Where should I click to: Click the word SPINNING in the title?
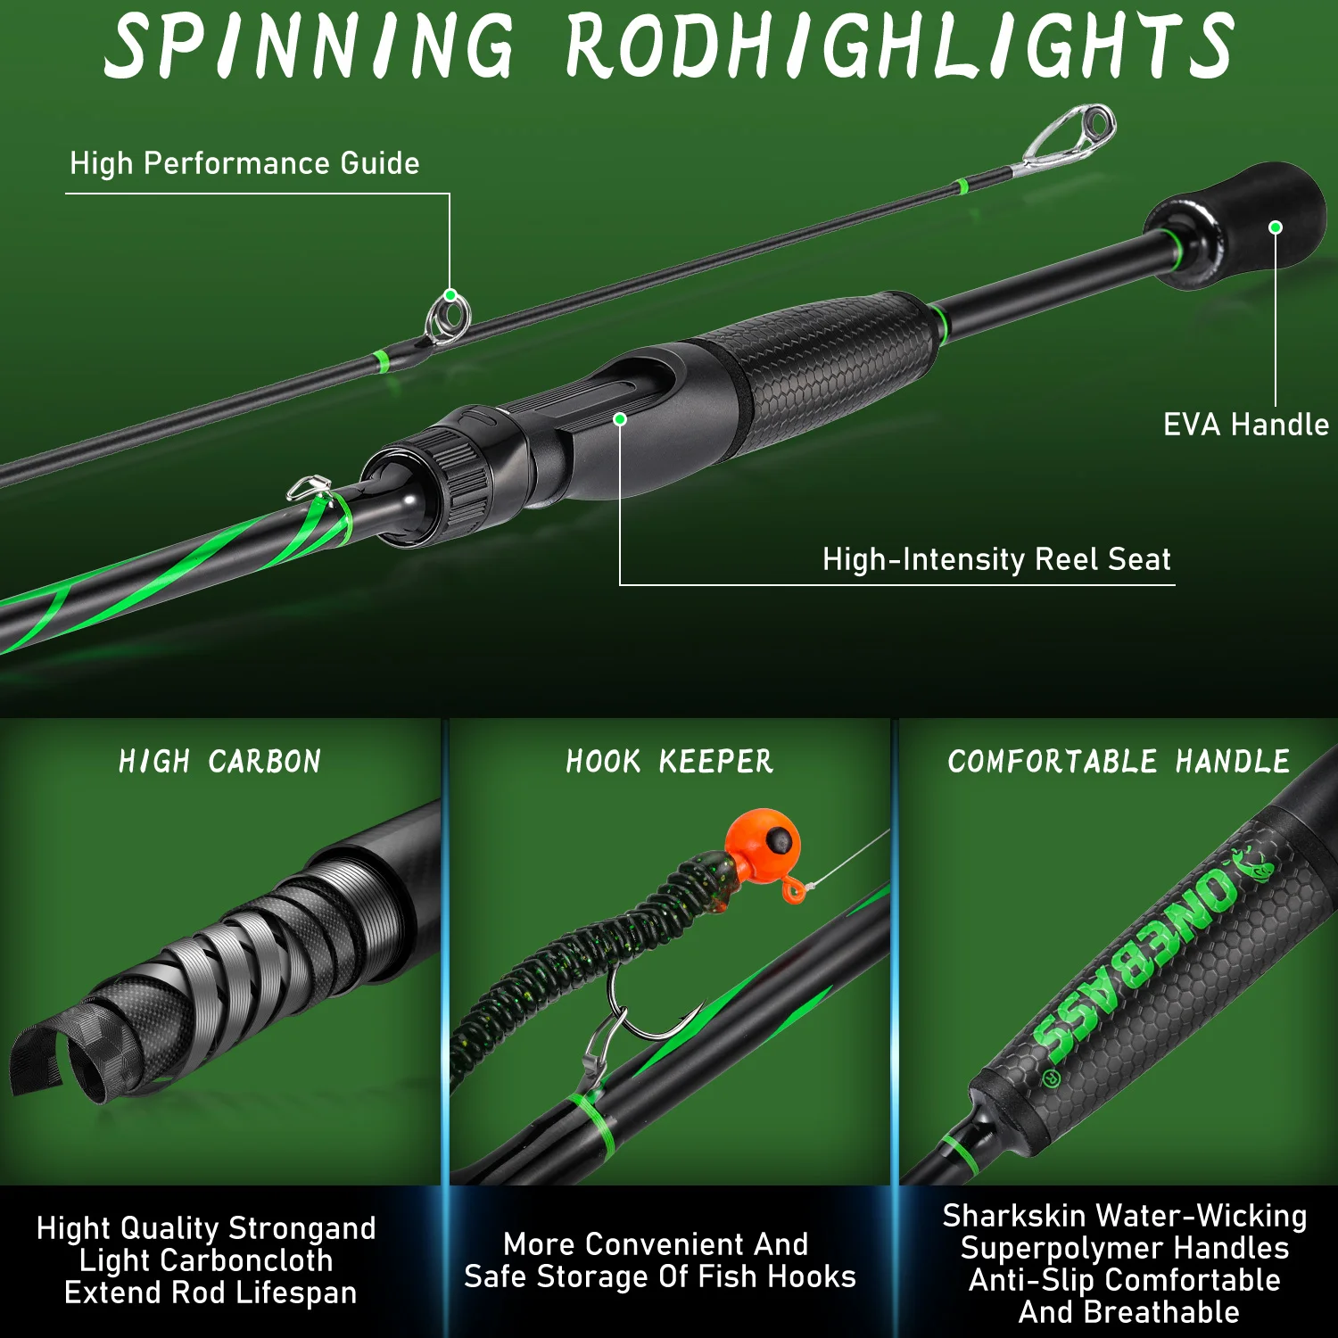pyautogui.click(x=310, y=46)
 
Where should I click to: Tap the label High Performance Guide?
pyautogui.click(x=244, y=163)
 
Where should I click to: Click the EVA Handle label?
pyautogui.click(x=1246, y=425)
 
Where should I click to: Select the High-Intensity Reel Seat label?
pyautogui.click(x=996, y=559)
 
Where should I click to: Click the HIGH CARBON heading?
pyautogui.click(x=219, y=761)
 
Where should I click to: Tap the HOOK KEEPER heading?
pyautogui.click(x=669, y=761)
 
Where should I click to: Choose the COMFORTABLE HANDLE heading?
pyautogui.click(x=1119, y=761)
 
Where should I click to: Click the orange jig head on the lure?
pyautogui.click(x=763, y=839)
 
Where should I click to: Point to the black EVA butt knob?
pyautogui.click(x=1235, y=223)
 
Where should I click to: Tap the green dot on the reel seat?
pyautogui.click(x=620, y=418)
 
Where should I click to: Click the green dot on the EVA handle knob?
pyautogui.click(x=1276, y=227)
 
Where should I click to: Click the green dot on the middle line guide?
pyautogui.click(x=450, y=295)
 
